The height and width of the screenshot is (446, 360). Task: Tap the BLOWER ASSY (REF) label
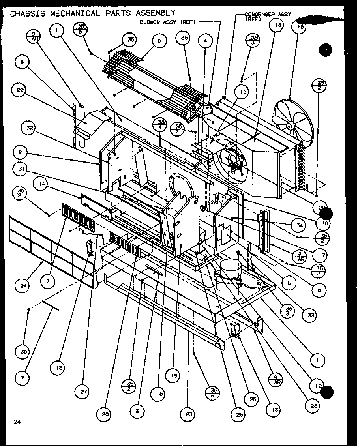pyautogui.click(x=168, y=22)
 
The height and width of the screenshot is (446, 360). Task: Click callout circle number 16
pyautogui.click(x=300, y=27)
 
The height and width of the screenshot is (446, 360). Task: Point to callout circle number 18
pyautogui.click(x=276, y=26)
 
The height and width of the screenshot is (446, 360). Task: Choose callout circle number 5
pyautogui.click(x=158, y=41)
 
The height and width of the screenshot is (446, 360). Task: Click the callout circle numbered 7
pyautogui.click(x=22, y=378)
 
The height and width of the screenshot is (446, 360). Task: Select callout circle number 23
pyautogui.click(x=188, y=414)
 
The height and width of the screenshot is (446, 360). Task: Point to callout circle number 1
pyautogui.click(x=318, y=360)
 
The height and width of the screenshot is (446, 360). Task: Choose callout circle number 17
pyautogui.click(x=322, y=255)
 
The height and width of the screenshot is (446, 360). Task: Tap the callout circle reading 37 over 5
pyautogui.click(x=81, y=29)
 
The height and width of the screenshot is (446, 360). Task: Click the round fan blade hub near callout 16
pyautogui.click(x=290, y=126)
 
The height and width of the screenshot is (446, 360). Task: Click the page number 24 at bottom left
pyautogui.click(x=17, y=422)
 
